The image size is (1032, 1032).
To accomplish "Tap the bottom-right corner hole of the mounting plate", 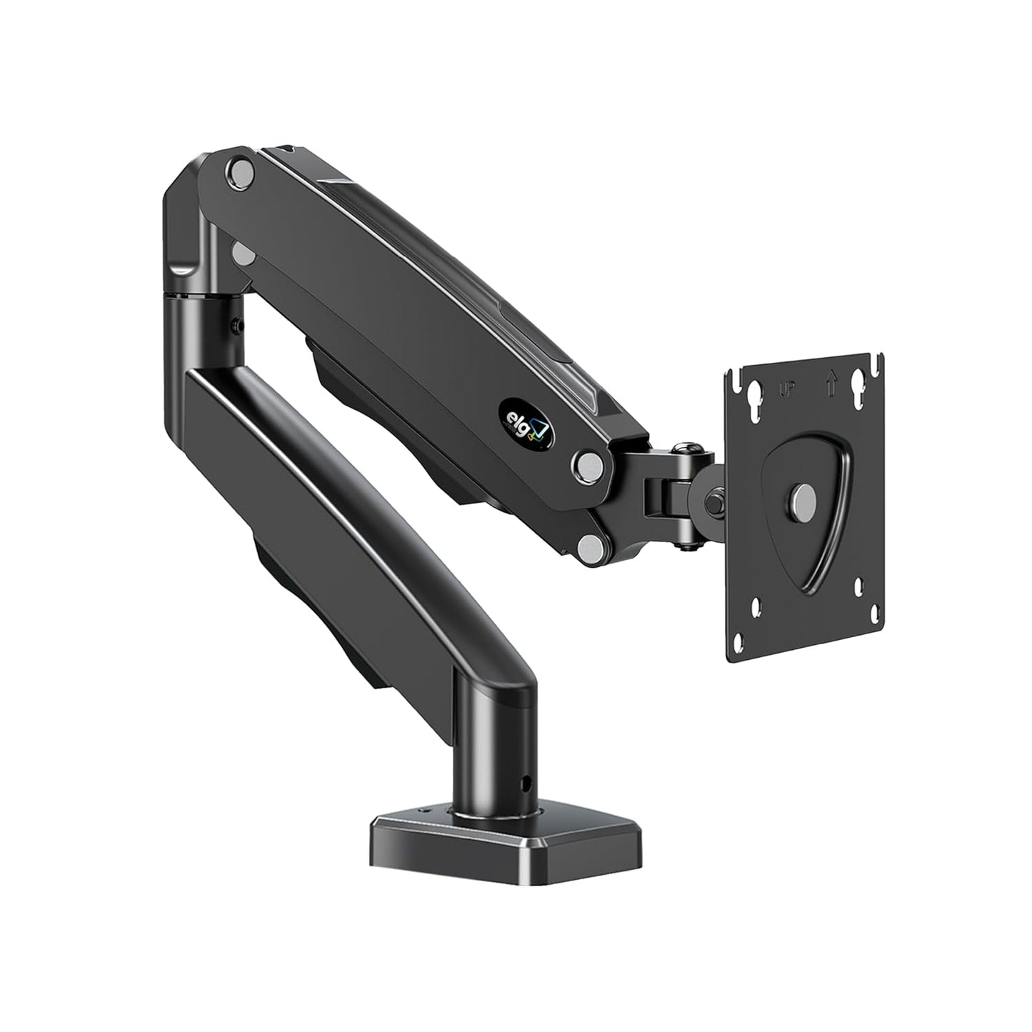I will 869,611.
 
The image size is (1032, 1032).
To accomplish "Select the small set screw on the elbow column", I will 236,325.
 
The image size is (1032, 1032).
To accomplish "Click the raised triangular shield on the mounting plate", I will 807,500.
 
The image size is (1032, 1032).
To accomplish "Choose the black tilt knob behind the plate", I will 714,501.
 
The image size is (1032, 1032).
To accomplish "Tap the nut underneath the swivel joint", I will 686,546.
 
